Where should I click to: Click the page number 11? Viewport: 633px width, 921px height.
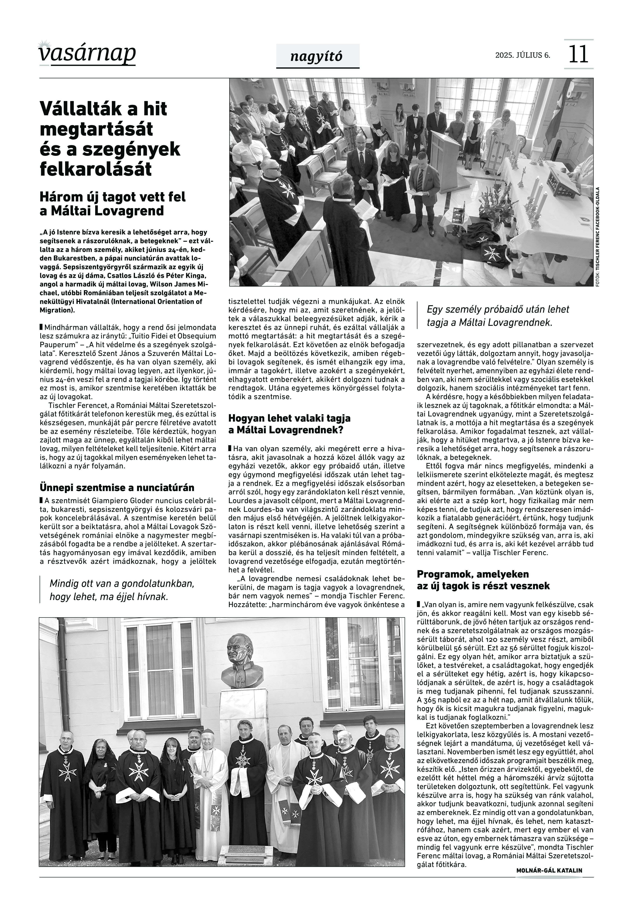(x=578, y=54)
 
